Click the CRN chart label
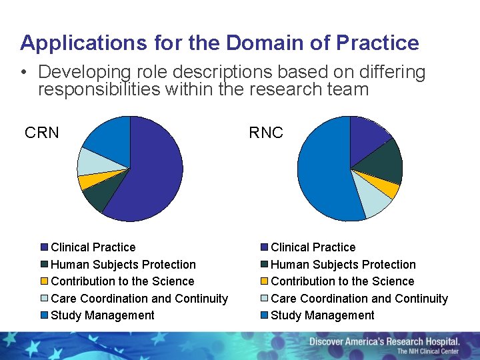pos(41,133)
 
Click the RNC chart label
pos(266,133)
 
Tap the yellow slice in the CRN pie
pos(87,181)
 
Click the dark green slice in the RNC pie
pos(385,163)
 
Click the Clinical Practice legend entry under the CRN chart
pos(93,247)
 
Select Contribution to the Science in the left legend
pos(122,281)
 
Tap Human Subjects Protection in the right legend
pos(343,265)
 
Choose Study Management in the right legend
pos(322,315)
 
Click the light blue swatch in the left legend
pos(45,299)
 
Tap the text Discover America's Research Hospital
pos(384,341)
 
